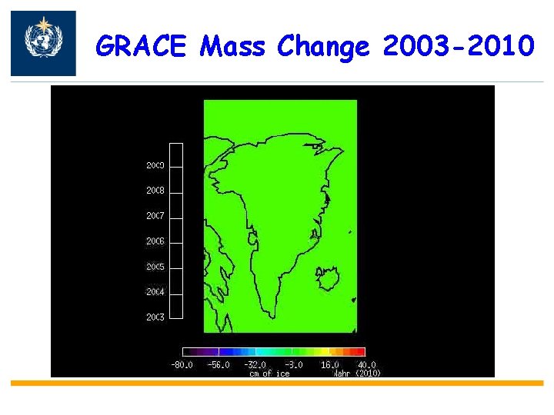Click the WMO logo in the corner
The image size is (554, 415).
43,43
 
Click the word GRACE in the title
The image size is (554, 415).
141,47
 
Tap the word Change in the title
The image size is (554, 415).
323,48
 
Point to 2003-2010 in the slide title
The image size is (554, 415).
457,47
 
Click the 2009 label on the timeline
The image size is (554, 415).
155,165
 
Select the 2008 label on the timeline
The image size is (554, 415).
155,191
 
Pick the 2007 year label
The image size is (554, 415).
155,216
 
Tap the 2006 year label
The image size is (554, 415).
155,241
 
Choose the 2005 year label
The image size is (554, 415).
155,267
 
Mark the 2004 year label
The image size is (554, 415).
155,292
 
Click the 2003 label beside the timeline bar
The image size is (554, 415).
155,317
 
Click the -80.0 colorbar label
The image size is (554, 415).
182,365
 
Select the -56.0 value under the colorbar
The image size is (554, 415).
219,365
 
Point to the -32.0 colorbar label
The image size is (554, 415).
255,365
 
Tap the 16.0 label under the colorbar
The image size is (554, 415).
329,365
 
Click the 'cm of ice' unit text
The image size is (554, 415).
269,373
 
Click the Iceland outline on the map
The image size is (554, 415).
329,277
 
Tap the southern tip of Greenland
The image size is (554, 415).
269,315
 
